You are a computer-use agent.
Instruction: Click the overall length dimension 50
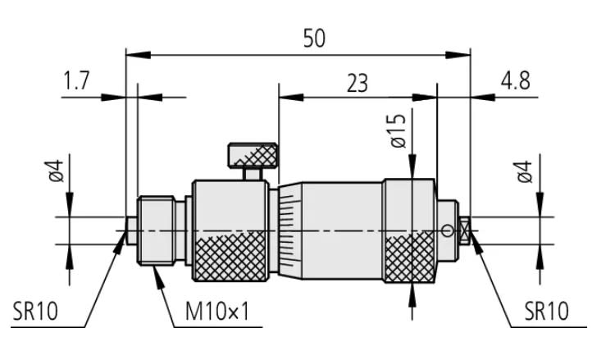click(313, 39)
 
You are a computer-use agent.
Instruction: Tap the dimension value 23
click(357, 82)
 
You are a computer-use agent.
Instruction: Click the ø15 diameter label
click(398, 130)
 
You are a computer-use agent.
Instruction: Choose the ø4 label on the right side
click(525, 171)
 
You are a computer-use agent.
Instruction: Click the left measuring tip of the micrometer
click(131, 230)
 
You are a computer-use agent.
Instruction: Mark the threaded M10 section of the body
click(157, 230)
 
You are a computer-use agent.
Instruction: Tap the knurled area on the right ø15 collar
click(409, 258)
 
